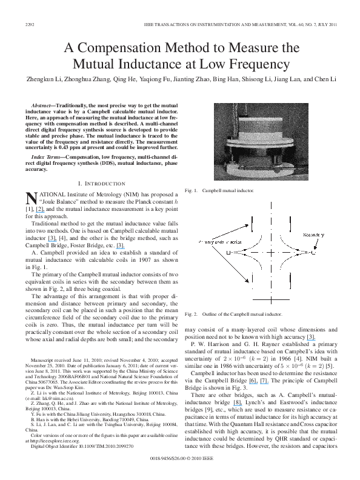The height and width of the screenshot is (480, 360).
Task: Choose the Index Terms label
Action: coord(50,156)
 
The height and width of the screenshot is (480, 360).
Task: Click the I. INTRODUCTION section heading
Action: coord(99,182)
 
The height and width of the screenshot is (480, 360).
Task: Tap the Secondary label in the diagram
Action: coord(315,234)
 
